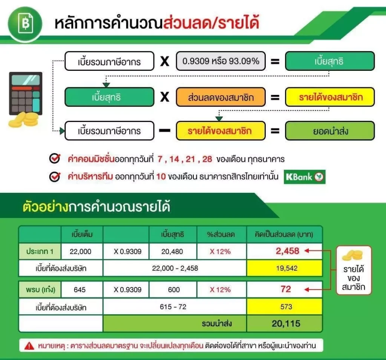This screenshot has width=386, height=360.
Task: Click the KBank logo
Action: [305, 177]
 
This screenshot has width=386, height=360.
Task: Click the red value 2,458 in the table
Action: [287, 251]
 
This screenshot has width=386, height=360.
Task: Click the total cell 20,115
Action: [286, 323]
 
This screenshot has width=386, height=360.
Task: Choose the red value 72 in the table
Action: [286, 289]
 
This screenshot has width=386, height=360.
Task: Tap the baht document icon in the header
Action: [25, 24]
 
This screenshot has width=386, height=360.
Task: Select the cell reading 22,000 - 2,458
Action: [175, 268]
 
